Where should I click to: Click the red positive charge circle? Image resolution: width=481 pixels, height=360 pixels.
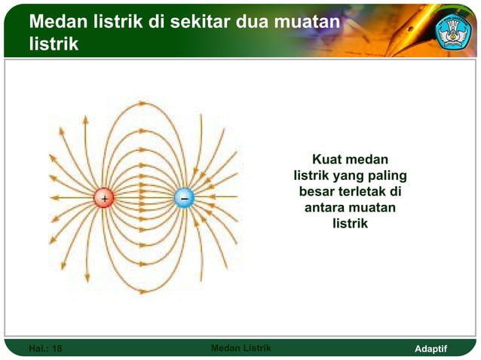click(103, 198)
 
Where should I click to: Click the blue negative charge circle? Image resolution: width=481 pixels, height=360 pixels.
click(184, 197)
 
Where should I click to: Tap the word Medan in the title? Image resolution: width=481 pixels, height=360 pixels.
click(57, 23)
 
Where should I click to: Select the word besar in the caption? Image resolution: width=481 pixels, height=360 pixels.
click(317, 192)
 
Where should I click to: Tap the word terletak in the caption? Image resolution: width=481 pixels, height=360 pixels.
click(363, 192)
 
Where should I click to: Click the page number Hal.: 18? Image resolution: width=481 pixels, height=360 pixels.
click(45, 349)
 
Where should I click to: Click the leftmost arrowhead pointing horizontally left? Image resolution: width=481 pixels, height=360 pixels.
click(54, 198)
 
